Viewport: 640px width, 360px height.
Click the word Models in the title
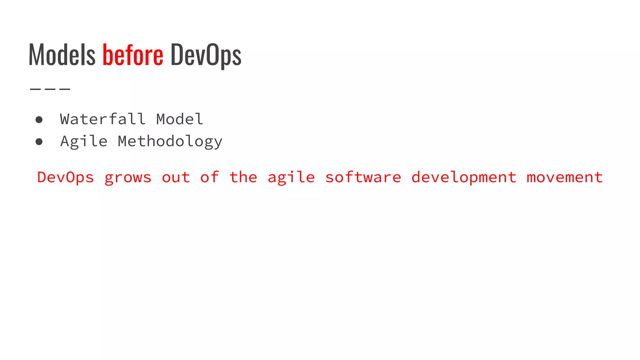pyautogui.click(x=62, y=55)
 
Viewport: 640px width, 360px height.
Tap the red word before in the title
pyautogui.click(x=133, y=55)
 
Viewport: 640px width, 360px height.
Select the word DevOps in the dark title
pyautogui.click(x=206, y=55)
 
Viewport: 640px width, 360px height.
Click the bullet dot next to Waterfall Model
pyautogui.click(x=39, y=120)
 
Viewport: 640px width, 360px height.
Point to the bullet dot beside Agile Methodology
pyautogui.click(x=39, y=142)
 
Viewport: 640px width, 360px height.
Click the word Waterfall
pyautogui.click(x=103, y=119)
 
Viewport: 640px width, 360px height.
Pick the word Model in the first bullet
pyautogui.click(x=180, y=119)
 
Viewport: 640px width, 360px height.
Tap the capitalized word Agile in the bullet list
pyautogui.click(x=84, y=142)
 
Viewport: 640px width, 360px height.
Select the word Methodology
pyautogui.click(x=170, y=142)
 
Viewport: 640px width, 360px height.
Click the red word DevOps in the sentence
pyautogui.click(x=65, y=177)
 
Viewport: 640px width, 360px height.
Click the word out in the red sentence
pyautogui.click(x=176, y=177)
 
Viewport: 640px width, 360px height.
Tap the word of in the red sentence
pyautogui.click(x=210, y=177)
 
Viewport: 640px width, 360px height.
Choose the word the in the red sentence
pyautogui.click(x=243, y=177)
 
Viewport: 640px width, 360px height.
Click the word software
pyautogui.click(x=363, y=177)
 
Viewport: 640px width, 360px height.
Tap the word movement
pyautogui.click(x=565, y=177)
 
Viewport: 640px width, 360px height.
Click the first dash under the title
pyautogui.click(x=35, y=89)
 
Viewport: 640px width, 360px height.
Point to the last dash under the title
pyautogui.click(x=65, y=89)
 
